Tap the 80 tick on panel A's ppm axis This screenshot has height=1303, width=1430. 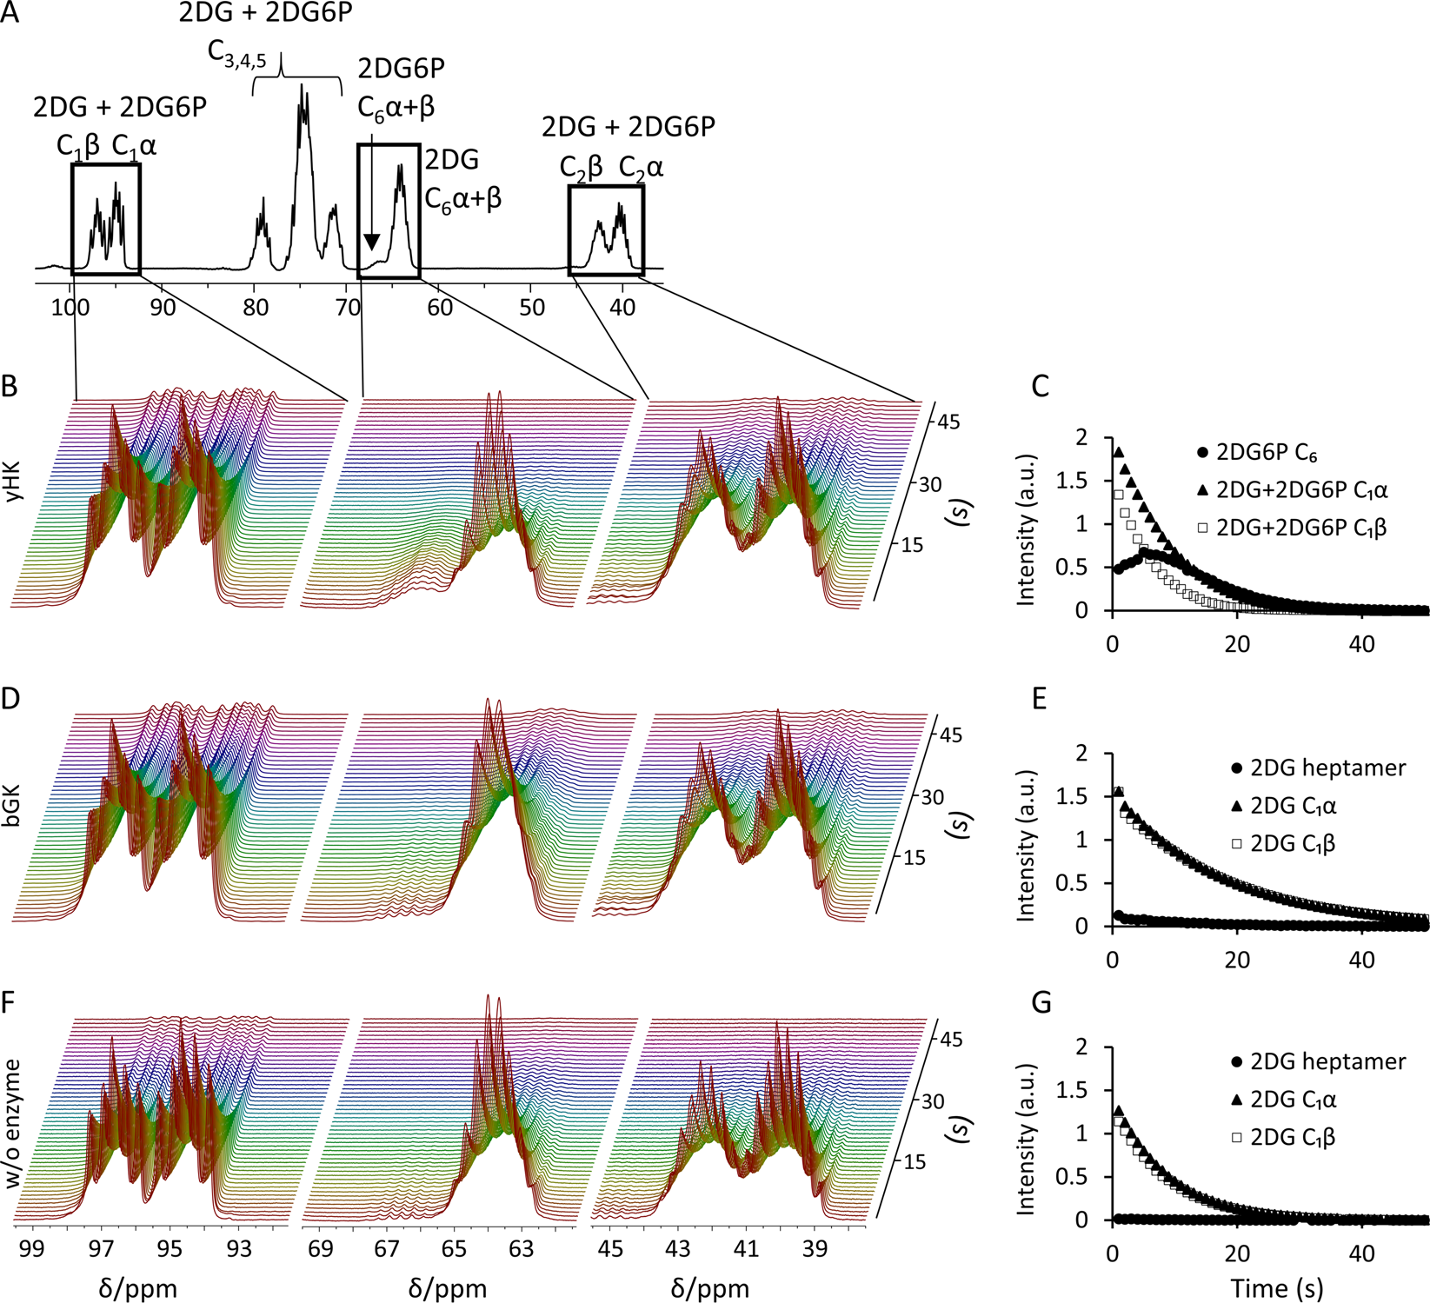click(255, 307)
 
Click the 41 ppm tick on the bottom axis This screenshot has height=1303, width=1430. click(746, 1248)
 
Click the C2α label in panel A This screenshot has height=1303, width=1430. click(641, 168)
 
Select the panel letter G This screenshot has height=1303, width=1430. click(1041, 1002)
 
